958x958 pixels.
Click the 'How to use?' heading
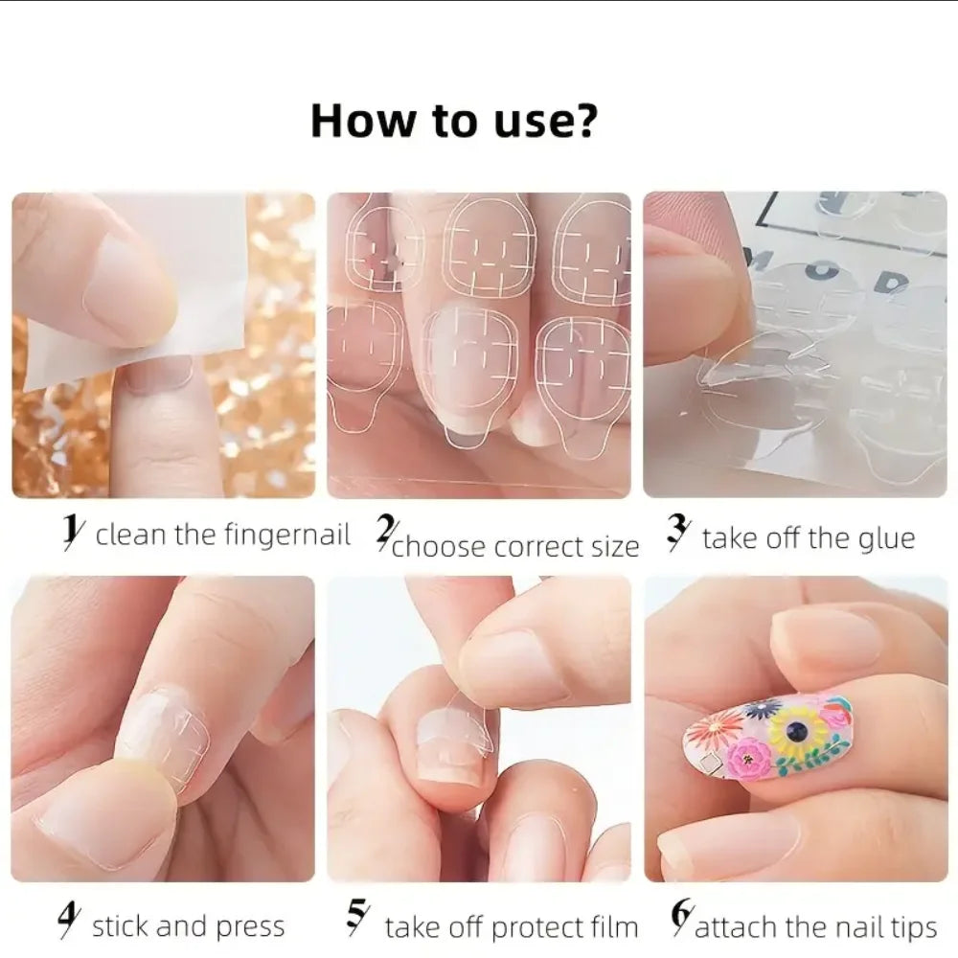pyautogui.click(x=454, y=123)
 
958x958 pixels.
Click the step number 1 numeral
pyautogui.click(x=70, y=533)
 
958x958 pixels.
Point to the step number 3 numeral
pyautogui.click(x=678, y=536)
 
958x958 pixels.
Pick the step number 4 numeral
pyautogui.click(x=67, y=924)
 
